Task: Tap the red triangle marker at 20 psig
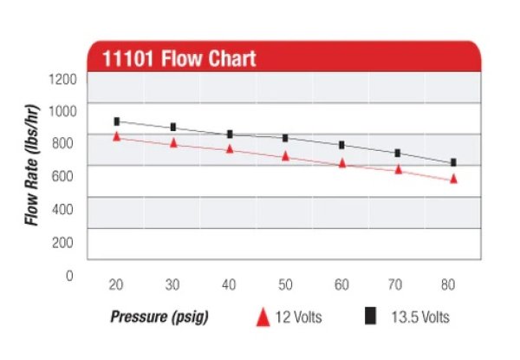coord(116,136)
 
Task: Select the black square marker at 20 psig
coord(116,121)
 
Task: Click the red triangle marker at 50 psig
coord(285,156)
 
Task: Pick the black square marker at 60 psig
coord(341,145)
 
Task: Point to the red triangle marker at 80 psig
coord(453,179)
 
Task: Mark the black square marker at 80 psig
coord(453,162)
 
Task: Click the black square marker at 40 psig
coord(230,134)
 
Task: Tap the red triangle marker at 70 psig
coord(399,169)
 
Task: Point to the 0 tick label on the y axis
coord(70,275)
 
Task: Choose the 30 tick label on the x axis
coord(173,285)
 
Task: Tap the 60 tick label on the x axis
coord(341,285)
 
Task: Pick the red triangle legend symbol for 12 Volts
coord(261,317)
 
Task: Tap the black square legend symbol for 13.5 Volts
coord(370,317)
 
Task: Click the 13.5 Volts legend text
coord(419,317)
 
